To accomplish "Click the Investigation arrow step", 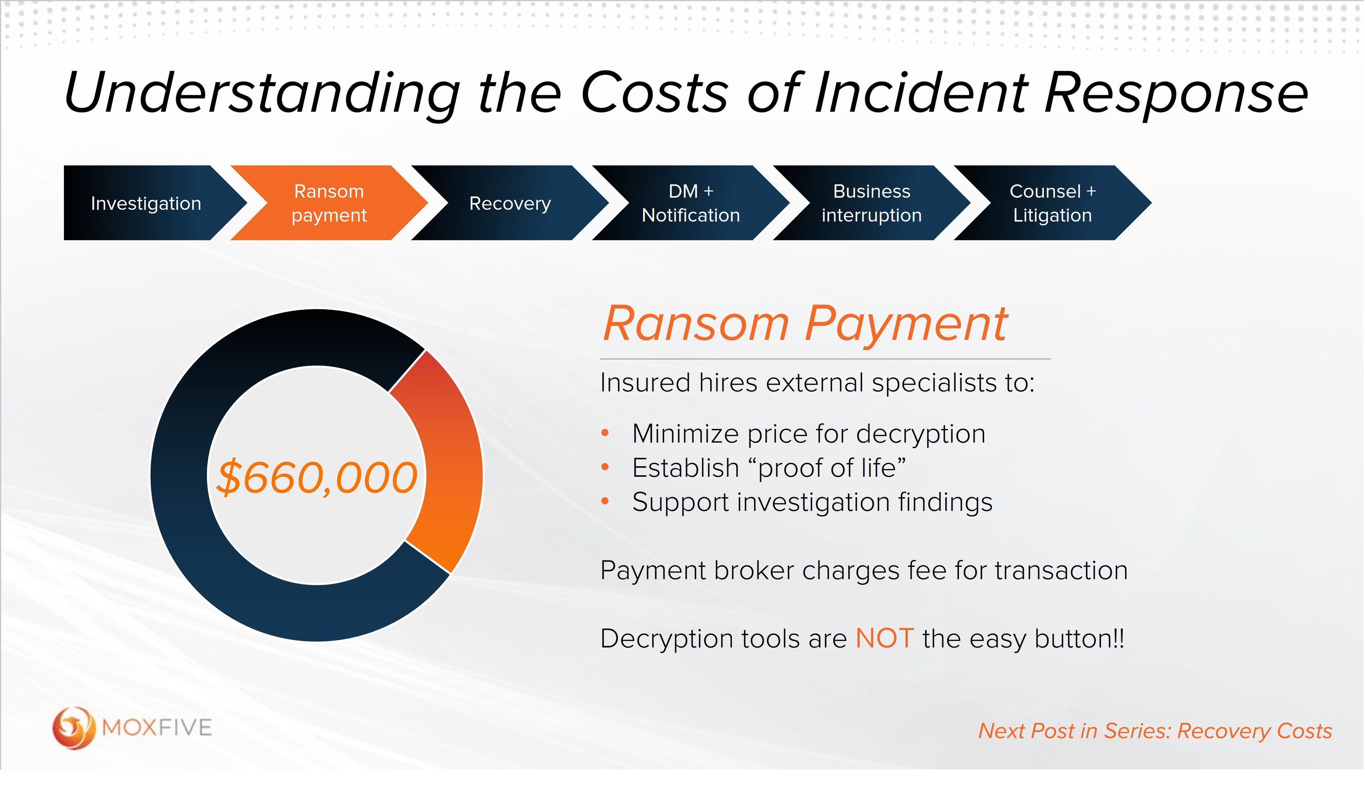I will [146, 203].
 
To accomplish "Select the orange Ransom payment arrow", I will [329, 203].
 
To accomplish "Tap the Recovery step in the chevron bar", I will [510, 203].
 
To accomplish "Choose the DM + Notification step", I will [691, 203].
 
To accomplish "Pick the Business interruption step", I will [871, 203].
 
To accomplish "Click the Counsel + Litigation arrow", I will [1052, 203].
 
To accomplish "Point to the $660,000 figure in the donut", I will [317, 478].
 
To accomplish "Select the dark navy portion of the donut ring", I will [217, 569].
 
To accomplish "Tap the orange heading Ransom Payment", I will [805, 324].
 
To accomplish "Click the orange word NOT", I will [885, 638].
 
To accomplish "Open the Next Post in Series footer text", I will [1155, 731].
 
